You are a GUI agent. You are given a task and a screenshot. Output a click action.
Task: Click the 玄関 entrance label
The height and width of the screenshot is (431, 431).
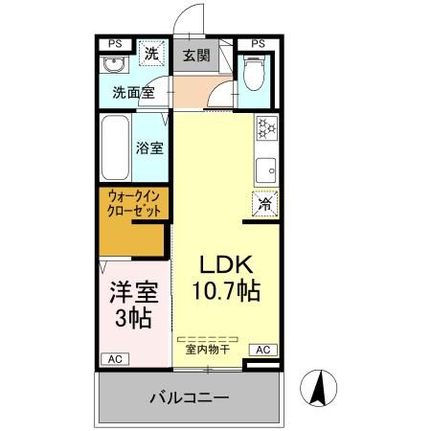(x=195, y=54)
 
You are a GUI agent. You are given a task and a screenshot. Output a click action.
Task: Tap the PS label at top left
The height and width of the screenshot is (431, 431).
(x=115, y=43)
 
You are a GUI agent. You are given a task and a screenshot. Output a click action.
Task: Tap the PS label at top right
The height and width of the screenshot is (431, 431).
(x=257, y=43)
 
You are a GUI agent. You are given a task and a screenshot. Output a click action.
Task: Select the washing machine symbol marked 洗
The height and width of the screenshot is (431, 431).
(x=150, y=55)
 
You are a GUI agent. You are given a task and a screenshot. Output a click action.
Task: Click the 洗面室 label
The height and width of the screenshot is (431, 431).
(x=132, y=94)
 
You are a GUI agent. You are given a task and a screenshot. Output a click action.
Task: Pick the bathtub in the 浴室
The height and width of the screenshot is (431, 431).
(x=114, y=147)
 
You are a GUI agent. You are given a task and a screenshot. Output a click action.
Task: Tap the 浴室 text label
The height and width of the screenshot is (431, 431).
(x=149, y=148)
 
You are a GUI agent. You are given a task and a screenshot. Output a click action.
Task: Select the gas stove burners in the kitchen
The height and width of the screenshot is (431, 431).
(x=265, y=127)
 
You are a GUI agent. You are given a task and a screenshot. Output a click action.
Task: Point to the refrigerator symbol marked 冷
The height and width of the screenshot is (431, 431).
(x=265, y=203)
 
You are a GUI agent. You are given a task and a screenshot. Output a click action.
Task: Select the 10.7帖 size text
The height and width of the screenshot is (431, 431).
(x=226, y=287)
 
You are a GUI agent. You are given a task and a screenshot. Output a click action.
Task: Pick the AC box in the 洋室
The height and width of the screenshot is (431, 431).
(x=115, y=358)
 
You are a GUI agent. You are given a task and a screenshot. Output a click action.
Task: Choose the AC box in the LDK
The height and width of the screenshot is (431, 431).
(x=263, y=350)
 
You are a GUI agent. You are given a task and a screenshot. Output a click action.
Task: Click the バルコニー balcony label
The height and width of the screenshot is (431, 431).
(x=189, y=397)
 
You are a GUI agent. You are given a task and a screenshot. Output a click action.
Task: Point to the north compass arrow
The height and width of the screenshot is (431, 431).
(x=321, y=389)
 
